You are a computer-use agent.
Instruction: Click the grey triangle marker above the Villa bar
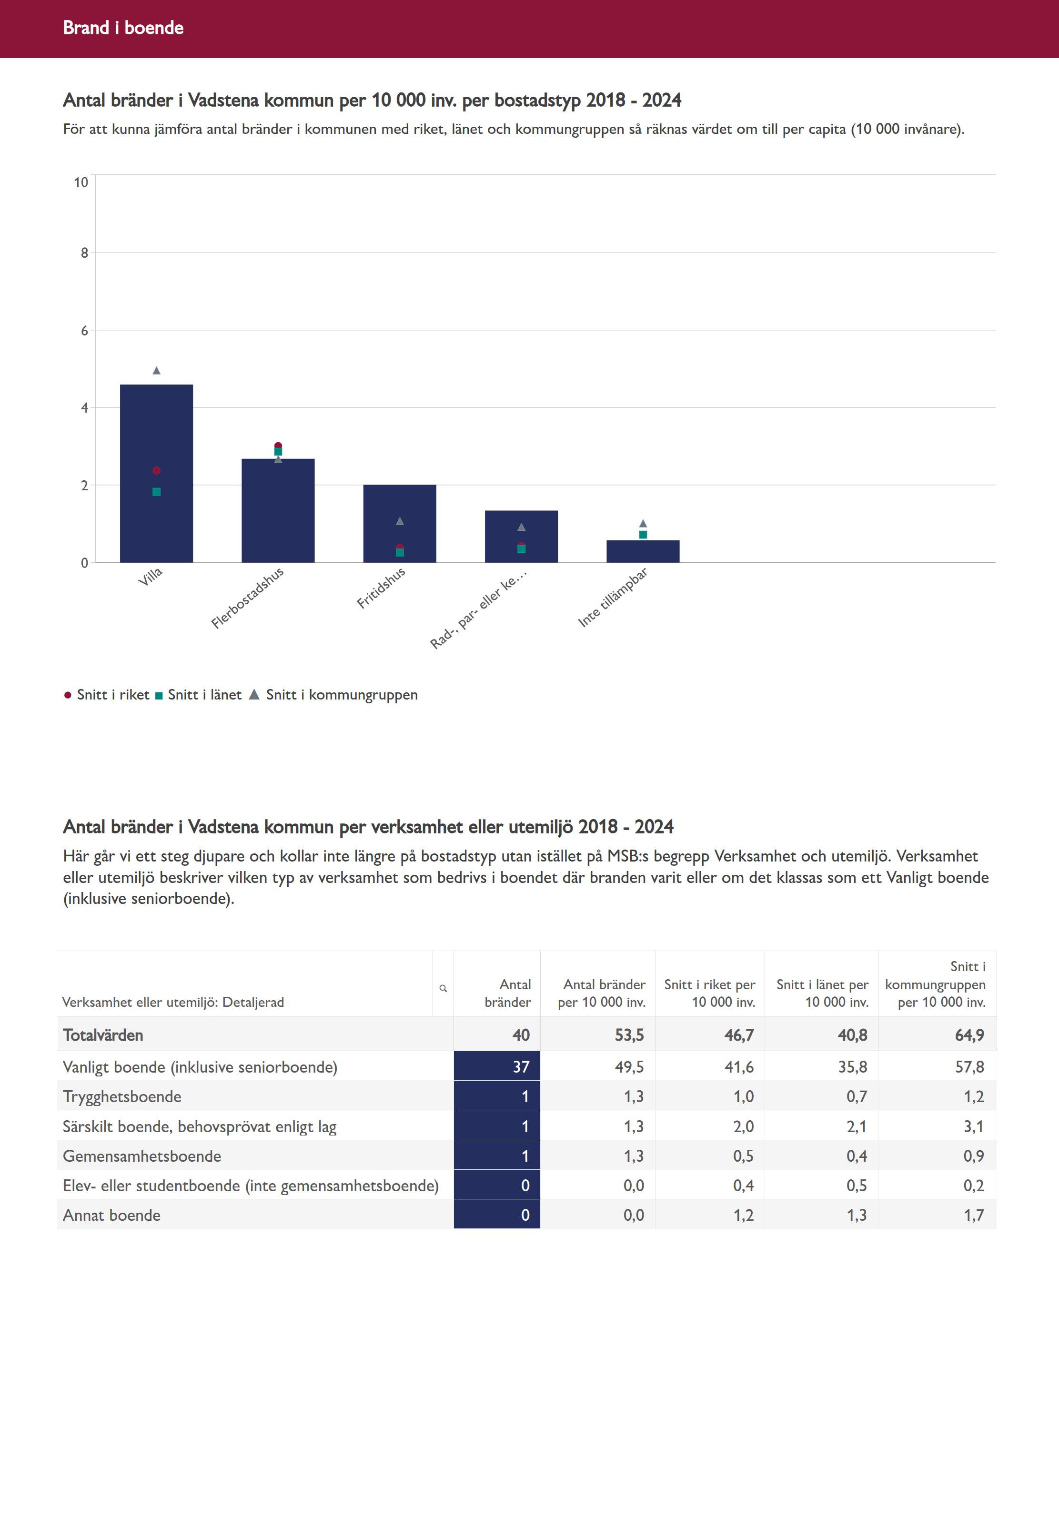tap(157, 370)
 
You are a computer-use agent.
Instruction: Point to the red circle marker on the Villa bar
tap(157, 470)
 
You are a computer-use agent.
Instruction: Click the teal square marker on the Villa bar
tap(157, 492)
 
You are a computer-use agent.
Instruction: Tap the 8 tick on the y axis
tap(84, 253)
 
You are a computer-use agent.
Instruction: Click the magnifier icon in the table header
tap(443, 988)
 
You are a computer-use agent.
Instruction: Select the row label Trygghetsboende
tap(122, 1096)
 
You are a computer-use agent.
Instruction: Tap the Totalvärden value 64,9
tap(969, 1035)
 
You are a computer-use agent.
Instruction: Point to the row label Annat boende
tap(111, 1215)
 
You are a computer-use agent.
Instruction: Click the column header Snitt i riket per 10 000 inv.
tap(710, 994)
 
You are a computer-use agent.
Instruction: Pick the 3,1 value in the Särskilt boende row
tap(973, 1126)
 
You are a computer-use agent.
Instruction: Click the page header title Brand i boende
tap(123, 28)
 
